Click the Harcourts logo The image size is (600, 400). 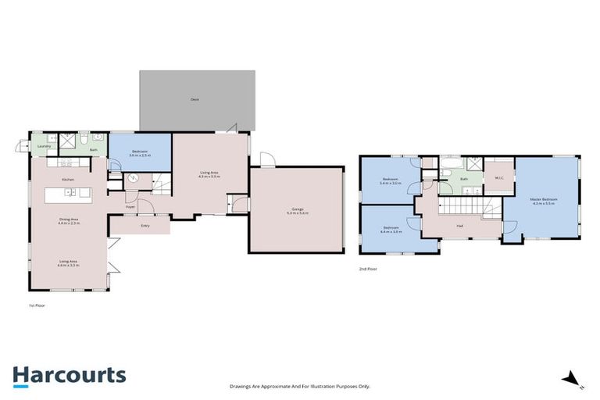tap(69, 375)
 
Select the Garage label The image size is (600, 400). tap(296, 209)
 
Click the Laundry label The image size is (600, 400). tap(45, 146)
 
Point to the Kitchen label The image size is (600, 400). tap(68, 180)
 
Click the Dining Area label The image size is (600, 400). tap(68, 220)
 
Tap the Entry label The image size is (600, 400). tap(145, 227)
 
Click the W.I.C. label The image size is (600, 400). tap(498, 178)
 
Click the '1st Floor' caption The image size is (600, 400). tap(36, 305)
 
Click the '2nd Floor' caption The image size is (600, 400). tap(369, 268)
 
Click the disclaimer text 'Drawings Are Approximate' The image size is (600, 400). tap(299, 386)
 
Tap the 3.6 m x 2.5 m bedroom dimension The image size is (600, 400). tap(139, 156)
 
